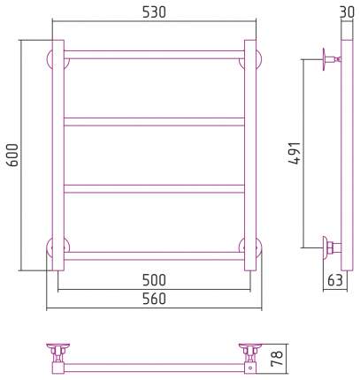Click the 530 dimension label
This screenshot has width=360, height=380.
coord(154,12)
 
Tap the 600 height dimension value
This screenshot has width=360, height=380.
coord(13,155)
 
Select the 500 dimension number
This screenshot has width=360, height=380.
coord(154,280)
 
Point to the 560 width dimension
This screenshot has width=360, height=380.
coord(154,299)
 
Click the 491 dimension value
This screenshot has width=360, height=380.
coord(295,153)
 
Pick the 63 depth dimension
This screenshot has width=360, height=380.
coord(335,280)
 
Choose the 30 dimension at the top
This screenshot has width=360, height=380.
coord(347,12)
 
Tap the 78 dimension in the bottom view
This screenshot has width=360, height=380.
coord(277,358)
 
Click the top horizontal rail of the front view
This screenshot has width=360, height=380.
coord(154,55)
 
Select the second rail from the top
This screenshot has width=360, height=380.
coord(154,122)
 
